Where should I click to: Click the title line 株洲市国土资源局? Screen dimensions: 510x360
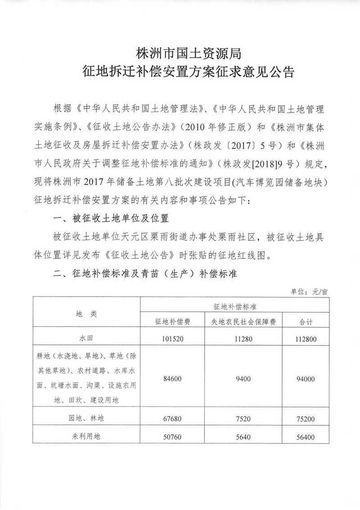tap(189, 54)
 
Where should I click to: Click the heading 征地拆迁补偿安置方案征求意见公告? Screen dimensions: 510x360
tap(189, 72)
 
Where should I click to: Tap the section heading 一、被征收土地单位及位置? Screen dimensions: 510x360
tap(111, 219)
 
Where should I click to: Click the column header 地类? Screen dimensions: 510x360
tap(86, 314)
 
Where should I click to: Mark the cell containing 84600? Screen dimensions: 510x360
tap(172, 379)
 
